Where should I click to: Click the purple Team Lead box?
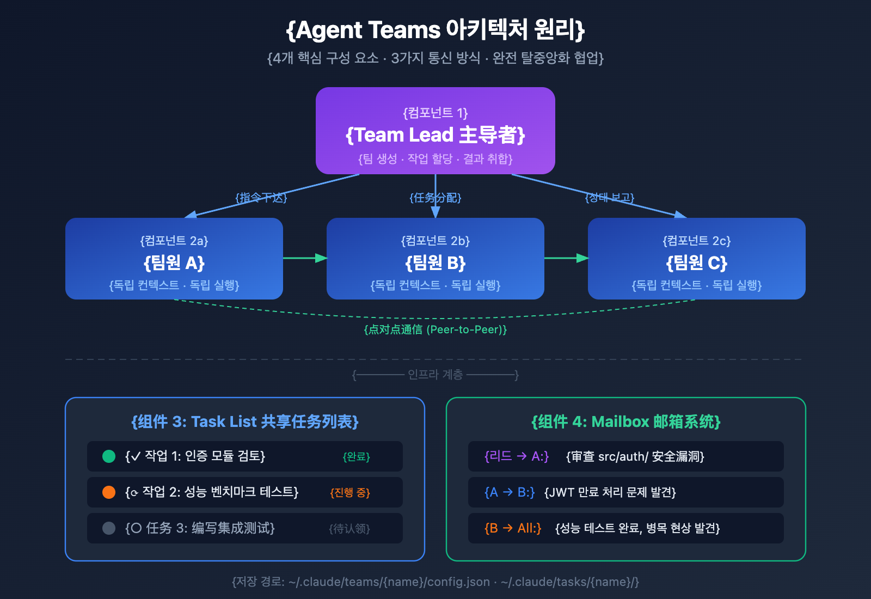436,131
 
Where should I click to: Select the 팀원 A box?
174,259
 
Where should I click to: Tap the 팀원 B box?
436,259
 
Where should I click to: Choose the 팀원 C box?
697,259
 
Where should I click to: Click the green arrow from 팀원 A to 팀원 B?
305,258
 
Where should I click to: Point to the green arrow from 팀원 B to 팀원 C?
566,258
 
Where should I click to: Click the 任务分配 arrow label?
436,198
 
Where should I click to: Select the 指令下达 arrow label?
261,198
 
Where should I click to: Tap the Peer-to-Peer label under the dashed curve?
436,329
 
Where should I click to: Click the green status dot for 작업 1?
109,456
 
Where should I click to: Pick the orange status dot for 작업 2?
109,492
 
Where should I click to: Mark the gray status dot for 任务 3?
109,528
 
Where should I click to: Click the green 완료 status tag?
356,457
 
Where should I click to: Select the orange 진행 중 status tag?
350,493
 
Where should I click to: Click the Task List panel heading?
245,422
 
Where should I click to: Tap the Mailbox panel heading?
626,422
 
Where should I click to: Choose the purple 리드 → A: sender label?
517,456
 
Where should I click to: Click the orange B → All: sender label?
513,528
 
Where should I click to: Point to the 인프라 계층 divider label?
436,375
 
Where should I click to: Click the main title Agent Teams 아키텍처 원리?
436,30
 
